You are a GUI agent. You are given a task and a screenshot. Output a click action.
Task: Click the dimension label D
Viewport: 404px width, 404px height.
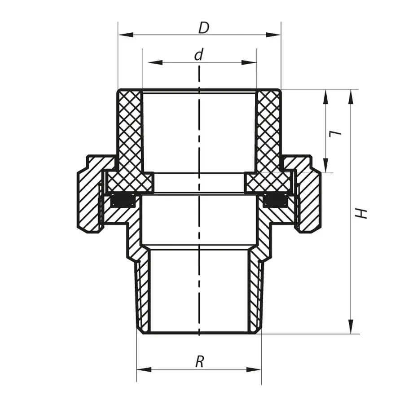(x=204, y=28)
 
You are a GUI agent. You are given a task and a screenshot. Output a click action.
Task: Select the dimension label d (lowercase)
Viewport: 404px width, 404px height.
(x=199, y=55)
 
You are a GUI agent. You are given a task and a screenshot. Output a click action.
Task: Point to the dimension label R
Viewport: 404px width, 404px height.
(x=199, y=362)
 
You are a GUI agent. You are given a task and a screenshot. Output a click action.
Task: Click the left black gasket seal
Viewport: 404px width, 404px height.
(x=123, y=200)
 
